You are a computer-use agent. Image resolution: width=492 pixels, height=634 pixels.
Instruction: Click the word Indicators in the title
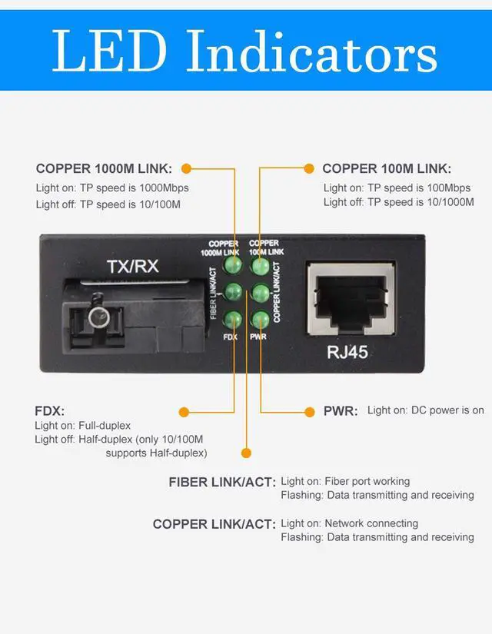pos(312,51)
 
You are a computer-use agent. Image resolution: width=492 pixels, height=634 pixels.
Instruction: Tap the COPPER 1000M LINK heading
pos(104,168)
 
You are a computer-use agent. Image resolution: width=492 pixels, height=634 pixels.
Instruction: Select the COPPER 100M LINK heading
pos(387,168)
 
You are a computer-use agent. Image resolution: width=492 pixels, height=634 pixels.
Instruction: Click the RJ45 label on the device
pos(348,354)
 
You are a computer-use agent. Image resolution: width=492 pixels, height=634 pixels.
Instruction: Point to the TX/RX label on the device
pos(132,267)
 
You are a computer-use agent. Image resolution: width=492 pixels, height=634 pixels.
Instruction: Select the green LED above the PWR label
pos(259,319)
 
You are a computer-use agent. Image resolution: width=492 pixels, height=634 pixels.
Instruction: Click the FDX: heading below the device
pos(49,411)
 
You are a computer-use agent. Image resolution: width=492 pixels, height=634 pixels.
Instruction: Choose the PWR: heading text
pos(341,411)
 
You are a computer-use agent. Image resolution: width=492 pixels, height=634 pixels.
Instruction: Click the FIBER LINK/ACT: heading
pos(221,483)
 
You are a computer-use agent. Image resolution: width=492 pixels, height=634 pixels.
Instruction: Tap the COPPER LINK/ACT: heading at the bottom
pos(214,524)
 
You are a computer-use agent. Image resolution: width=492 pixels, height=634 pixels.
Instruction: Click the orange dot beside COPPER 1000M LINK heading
pos(186,168)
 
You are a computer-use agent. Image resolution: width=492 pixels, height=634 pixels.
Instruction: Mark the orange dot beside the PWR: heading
pos(308,411)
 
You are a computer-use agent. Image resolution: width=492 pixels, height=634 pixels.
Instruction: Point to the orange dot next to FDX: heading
pos(184,411)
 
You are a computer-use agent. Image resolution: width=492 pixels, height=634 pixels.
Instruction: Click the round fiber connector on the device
pos(97,317)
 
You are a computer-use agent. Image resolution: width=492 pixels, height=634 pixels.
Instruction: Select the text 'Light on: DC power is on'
pos(425,410)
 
